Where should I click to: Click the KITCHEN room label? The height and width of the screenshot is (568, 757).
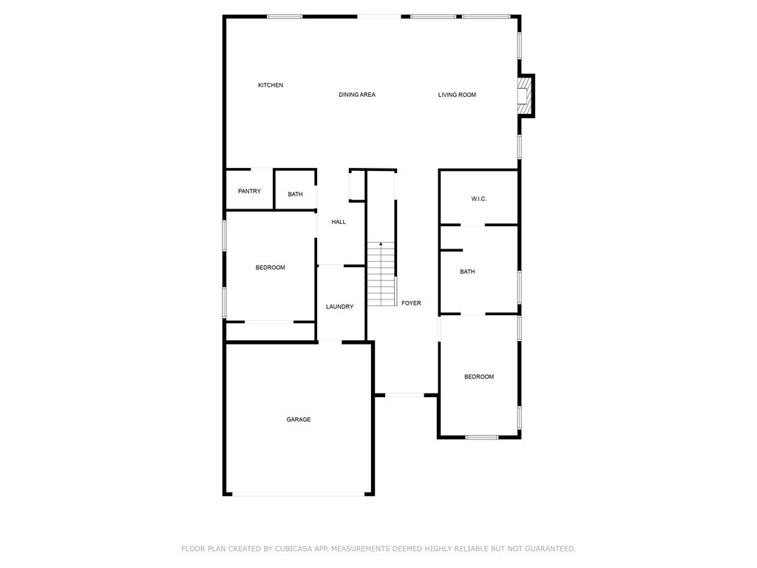coord(271,85)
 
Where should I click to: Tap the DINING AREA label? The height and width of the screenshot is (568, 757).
coord(357,95)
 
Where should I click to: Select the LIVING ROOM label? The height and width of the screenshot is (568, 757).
coord(457,95)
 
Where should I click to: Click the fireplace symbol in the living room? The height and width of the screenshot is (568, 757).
coord(524,96)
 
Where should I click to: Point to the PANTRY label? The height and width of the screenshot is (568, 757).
coord(249,192)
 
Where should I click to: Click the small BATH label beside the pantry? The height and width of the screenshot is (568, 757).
coord(295,195)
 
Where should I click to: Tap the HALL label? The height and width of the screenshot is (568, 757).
coord(339,222)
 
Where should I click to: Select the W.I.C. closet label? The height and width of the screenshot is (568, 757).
coord(479,199)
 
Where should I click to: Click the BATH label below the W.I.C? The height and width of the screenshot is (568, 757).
coord(467,272)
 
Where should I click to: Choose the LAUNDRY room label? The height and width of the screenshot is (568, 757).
coord(340,307)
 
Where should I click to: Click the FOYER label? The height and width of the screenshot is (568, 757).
coord(411,303)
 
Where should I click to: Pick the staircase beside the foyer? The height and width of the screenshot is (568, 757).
coord(381,275)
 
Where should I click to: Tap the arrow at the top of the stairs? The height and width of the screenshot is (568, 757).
coord(381,243)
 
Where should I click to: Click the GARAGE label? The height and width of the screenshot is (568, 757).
coord(299,419)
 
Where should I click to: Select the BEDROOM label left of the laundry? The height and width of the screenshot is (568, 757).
coord(271,268)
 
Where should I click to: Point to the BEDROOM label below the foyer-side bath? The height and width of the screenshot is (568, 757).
coord(479,377)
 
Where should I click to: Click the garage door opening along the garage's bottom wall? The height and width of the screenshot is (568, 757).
coord(299,494)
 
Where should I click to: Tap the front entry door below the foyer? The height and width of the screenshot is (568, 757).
coord(405,395)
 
